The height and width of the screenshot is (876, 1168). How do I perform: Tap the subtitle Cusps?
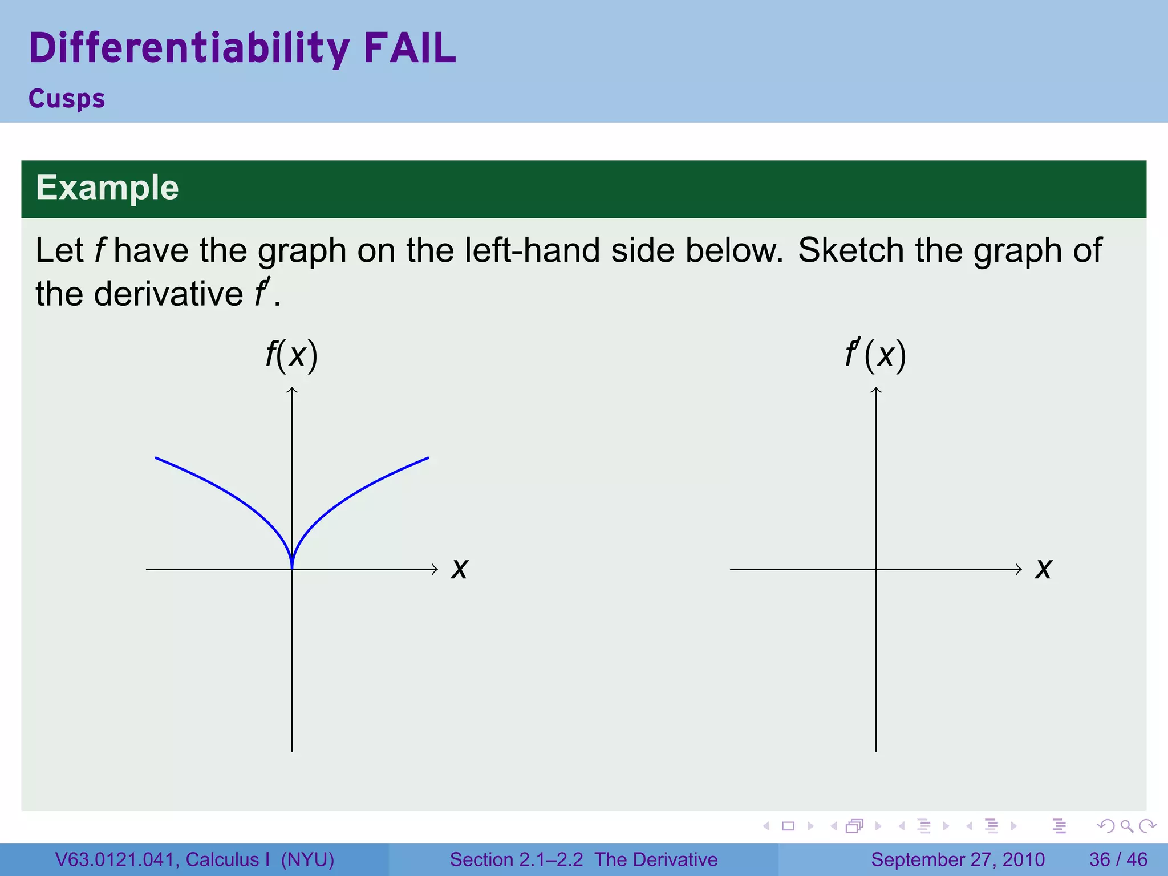pyautogui.click(x=67, y=99)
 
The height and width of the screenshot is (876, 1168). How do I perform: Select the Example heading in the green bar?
pyautogui.click(x=107, y=188)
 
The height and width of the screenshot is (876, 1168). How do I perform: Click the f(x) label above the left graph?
pyautogui.click(x=291, y=355)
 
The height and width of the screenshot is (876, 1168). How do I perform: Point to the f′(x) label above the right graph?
pyautogui.click(x=875, y=355)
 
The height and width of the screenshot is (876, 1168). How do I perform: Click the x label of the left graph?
pyautogui.click(x=459, y=569)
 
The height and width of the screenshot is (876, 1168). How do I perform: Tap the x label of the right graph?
pyautogui.click(x=1043, y=569)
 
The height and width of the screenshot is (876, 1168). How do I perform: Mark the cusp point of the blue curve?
pyautogui.click(x=292, y=567)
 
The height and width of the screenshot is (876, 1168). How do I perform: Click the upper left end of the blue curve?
pyautogui.click(x=156, y=458)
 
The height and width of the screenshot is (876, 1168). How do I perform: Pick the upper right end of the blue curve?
pyautogui.click(x=428, y=458)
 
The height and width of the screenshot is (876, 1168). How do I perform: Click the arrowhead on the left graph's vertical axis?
pyautogui.click(x=292, y=390)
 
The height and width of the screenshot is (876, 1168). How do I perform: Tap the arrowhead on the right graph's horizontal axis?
pyautogui.click(x=1019, y=569)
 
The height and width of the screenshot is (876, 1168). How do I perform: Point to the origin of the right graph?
pyautogui.click(x=876, y=569)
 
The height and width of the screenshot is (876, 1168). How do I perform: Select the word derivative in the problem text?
pyautogui.click(x=168, y=294)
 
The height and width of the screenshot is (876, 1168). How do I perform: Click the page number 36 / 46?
pyautogui.click(x=1118, y=859)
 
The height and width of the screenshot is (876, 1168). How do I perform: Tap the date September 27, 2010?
pyautogui.click(x=958, y=859)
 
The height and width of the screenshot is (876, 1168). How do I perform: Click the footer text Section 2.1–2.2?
pyautogui.click(x=516, y=859)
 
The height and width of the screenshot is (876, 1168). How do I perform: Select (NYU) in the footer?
pyautogui.click(x=307, y=859)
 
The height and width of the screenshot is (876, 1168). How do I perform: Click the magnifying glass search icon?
pyautogui.click(x=1126, y=826)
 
